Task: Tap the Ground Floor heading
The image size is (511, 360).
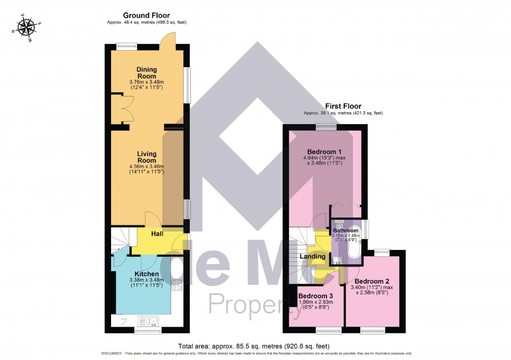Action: [147, 16]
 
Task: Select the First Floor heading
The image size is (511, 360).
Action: [344, 106]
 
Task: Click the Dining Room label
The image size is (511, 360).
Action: [147, 73]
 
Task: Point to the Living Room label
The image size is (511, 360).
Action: [147, 157]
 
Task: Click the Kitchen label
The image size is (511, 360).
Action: [147, 274]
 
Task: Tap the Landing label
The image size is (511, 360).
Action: [312, 256]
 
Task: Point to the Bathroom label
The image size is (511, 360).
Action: [346, 231]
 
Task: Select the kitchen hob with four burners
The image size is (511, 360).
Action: [177, 285]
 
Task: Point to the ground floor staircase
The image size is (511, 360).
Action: [121, 239]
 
